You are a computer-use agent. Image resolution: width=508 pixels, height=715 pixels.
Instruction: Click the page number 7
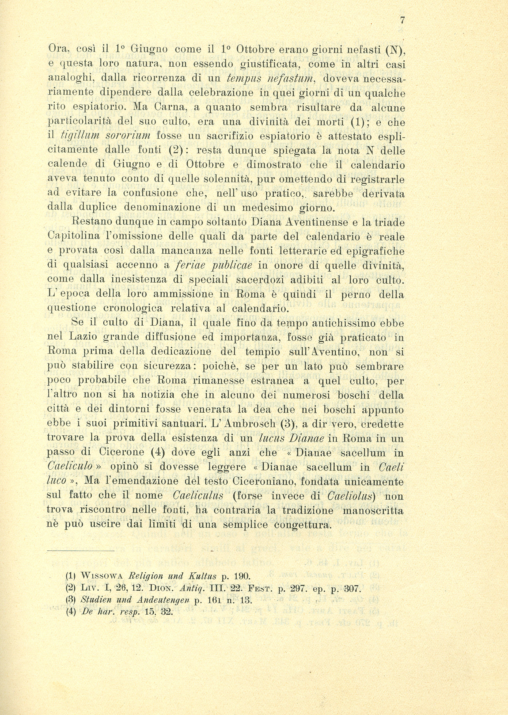402,21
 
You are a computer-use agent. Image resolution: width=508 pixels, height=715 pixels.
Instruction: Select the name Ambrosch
250,424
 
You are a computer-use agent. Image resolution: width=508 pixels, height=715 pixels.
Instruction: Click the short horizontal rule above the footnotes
81,551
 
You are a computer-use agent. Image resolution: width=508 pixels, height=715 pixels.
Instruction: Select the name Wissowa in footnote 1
102,576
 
